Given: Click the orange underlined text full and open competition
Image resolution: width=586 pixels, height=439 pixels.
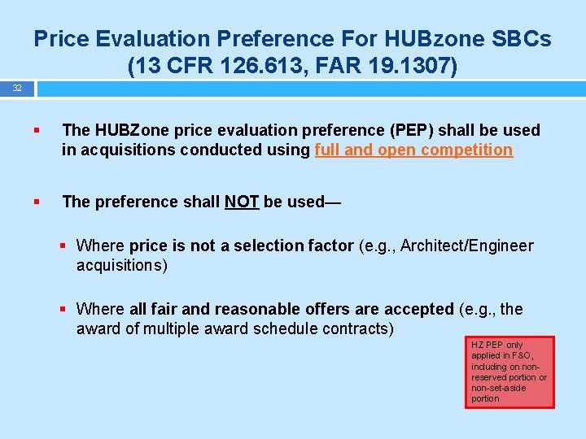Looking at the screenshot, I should (413, 150).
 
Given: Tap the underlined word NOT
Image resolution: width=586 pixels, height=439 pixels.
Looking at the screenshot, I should (242, 202).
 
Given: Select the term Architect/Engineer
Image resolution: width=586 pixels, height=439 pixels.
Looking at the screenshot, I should (466, 246).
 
